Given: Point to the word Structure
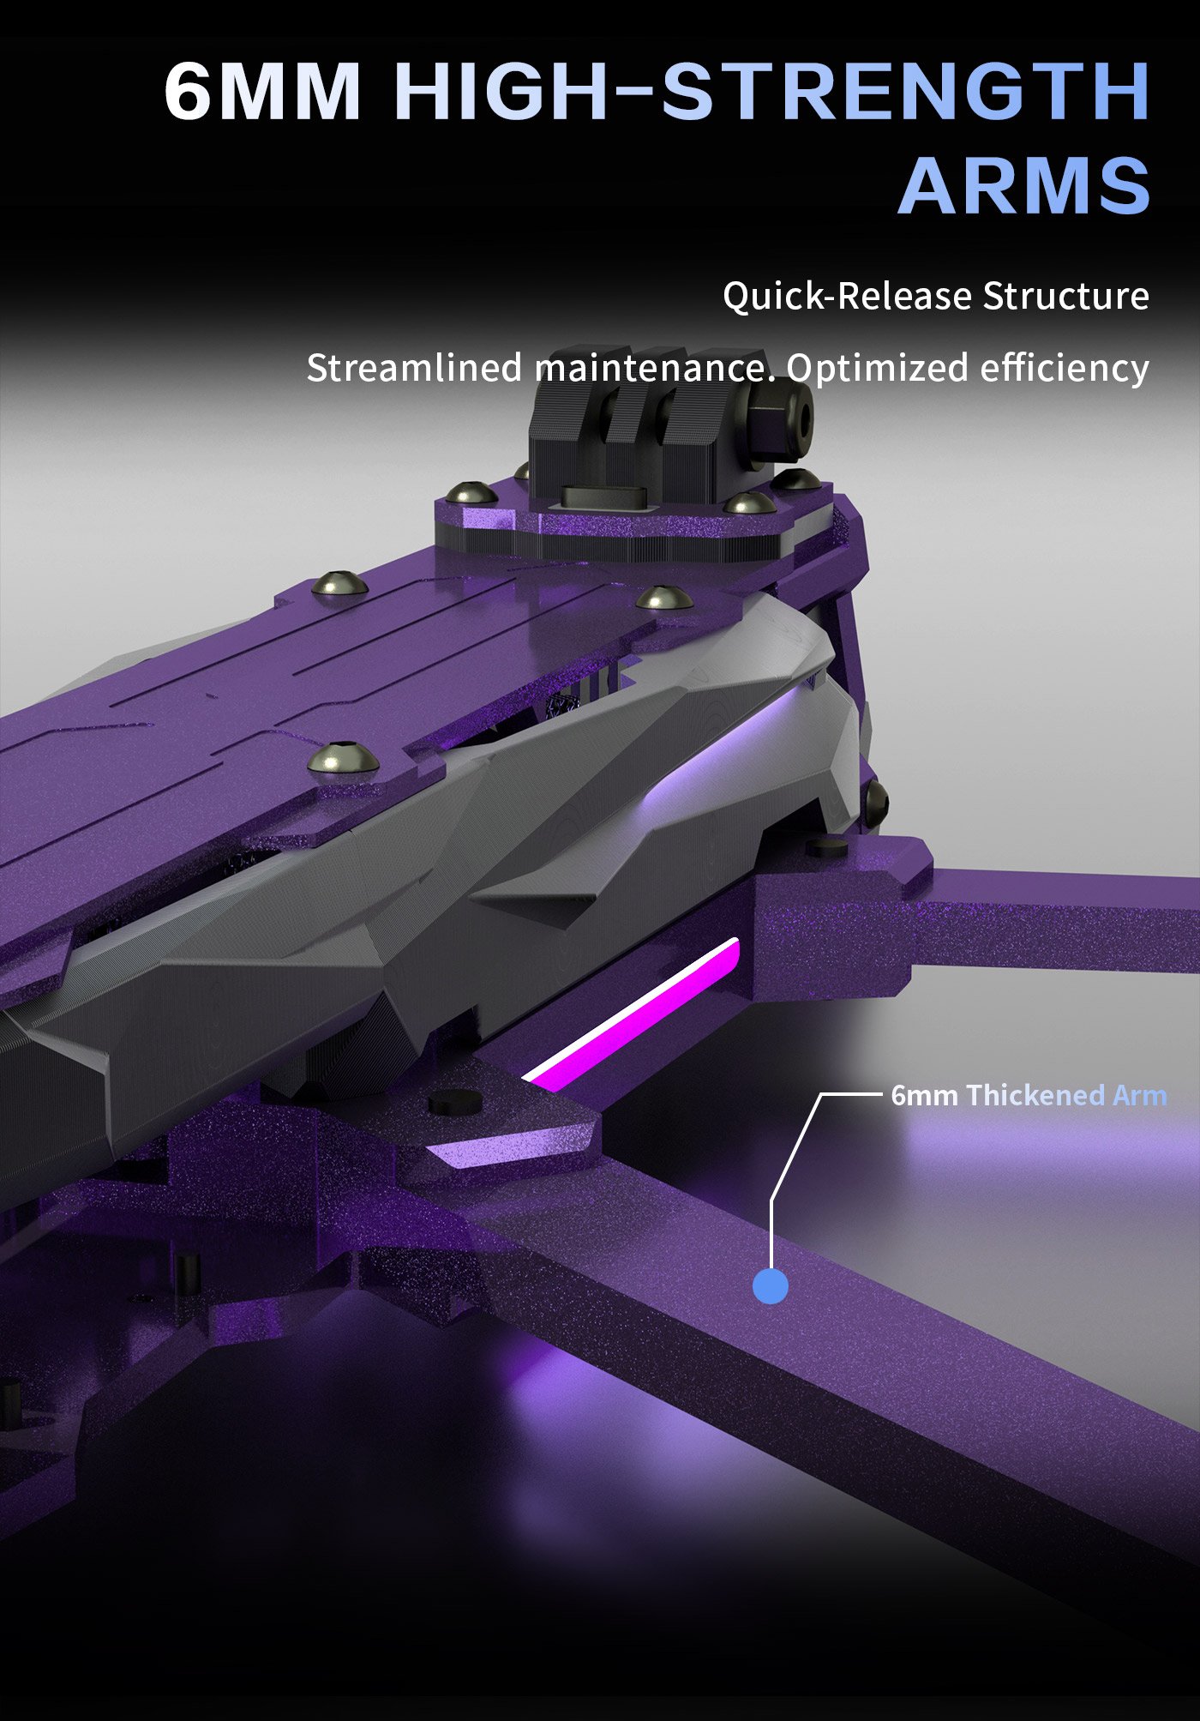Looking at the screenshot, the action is click(1065, 296).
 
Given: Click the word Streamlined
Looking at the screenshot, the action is click(414, 368).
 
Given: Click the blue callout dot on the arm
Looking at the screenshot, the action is click(770, 1286).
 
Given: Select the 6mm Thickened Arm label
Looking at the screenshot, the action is click(1029, 1095).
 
